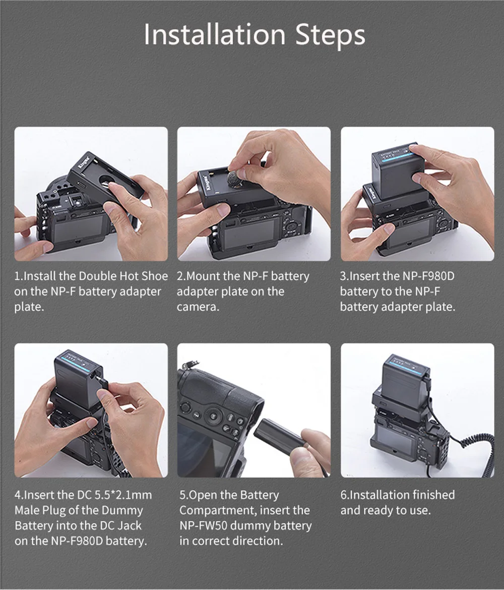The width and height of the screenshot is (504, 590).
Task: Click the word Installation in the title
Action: click(x=215, y=35)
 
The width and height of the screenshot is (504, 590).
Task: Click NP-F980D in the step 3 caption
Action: click(x=428, y=276)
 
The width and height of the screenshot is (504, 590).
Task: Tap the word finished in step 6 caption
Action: click(x=433, y=495)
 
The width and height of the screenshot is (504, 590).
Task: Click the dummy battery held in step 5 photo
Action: click(x=280, y=437)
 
